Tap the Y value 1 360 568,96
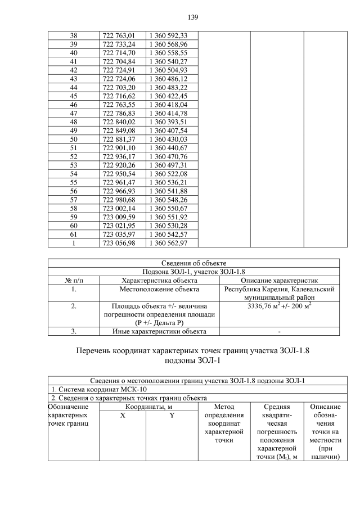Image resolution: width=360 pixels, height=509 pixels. pos(167,44)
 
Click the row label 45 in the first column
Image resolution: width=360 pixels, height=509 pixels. pos(73,96)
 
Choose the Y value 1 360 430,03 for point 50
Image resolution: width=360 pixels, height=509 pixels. pos(167,139)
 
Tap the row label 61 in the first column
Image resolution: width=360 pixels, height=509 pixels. pos(73,234)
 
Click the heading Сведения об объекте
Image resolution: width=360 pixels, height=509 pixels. pos(193,263)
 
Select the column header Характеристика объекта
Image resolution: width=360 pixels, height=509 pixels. pos(159,280)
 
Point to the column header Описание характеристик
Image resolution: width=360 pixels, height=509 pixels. pos(279,280)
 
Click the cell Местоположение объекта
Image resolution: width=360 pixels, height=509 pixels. pos(159,289)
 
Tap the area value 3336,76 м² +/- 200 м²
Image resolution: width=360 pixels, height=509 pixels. pos(279,307)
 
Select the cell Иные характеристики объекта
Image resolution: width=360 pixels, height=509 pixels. pos(159,332)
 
